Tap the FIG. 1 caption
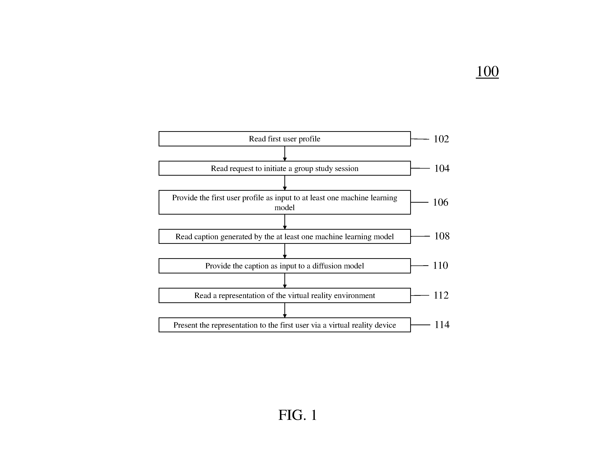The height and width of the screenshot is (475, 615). pos(298,415)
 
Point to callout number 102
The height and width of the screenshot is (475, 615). pos(441,139)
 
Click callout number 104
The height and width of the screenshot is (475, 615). pos(442,168)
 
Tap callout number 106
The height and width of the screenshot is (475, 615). pos(440,202)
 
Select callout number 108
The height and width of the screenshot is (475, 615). pos(442,236)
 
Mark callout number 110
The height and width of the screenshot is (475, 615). pos(440,265)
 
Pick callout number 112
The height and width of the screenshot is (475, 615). pos(441,295)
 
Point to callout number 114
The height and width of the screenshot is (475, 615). pos(442,325)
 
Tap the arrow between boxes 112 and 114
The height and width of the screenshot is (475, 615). pos(285,310)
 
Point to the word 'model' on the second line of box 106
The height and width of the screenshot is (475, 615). pos(284,208)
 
